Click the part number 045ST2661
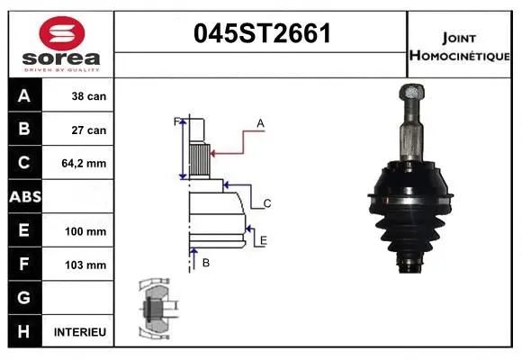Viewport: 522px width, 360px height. coord(263,34)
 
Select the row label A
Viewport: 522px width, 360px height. coord(23,96)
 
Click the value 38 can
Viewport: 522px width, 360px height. coord(89,96)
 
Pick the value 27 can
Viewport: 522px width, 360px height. coord(89,130)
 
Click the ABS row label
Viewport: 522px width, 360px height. coord(23,197)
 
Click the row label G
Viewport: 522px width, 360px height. coord(23,298)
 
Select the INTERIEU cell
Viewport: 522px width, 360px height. coord(80,332)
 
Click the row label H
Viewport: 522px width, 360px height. coord(23,332)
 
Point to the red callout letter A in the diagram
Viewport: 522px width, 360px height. coord(260,122)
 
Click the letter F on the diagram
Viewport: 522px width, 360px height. coord(176,121)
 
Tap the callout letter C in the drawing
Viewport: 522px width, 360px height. coord(266,203)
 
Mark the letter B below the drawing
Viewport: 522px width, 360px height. coord(206,263)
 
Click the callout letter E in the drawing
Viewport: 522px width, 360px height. coord(263,240)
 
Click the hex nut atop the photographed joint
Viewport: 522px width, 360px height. coord(409,94)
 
